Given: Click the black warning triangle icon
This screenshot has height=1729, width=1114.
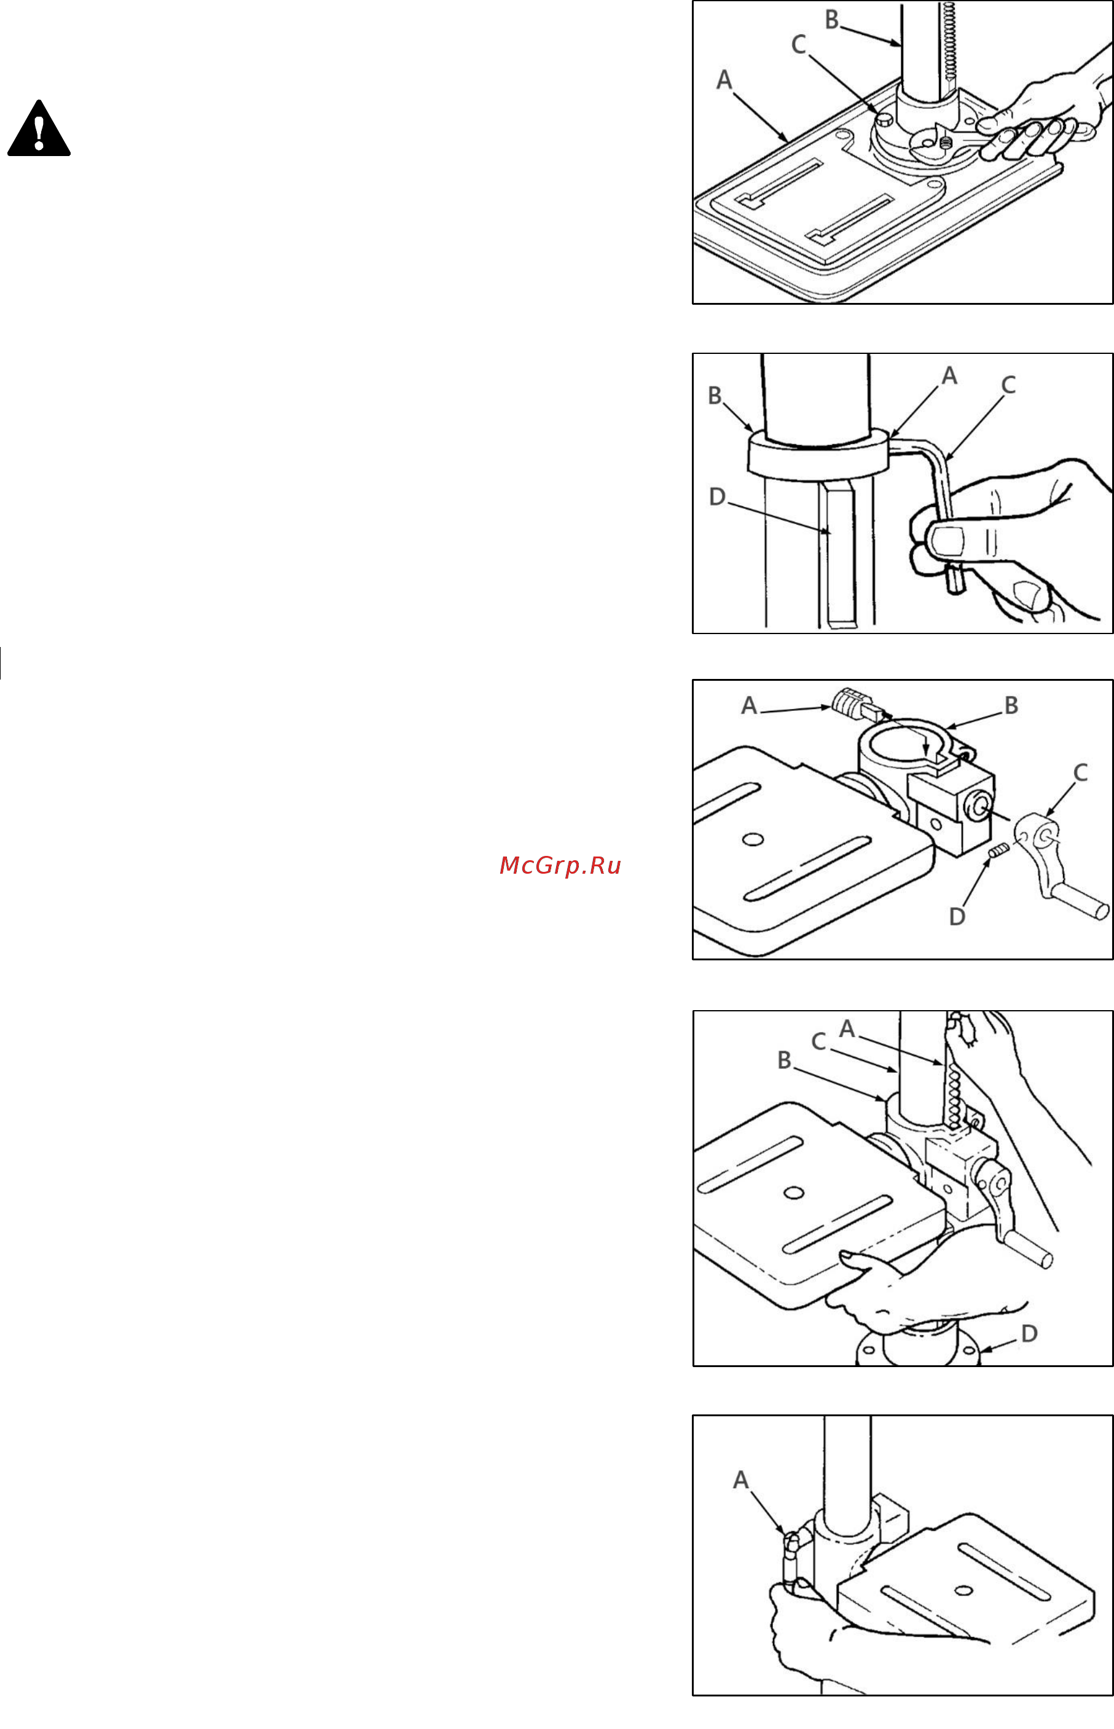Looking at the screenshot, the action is click(39, 128).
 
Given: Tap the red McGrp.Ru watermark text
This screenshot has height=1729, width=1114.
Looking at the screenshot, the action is click(560, 866).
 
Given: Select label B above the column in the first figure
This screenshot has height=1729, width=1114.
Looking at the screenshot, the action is click(832, 20).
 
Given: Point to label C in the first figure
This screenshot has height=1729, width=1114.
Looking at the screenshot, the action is click(799, 45).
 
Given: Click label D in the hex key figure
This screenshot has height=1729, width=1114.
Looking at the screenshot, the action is click(717, 497).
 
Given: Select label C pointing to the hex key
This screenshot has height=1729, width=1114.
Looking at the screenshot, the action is click(1008, 385).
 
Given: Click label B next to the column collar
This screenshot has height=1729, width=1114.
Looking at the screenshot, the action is click(715, 396).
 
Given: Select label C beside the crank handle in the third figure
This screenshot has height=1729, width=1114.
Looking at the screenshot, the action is click(1080, 772).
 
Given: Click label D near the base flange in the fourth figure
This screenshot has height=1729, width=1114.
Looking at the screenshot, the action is click(1029, 1333).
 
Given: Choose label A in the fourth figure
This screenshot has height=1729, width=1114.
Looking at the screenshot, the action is click(847, 1029).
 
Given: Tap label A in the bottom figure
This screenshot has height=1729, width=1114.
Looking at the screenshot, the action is click(740, 1480).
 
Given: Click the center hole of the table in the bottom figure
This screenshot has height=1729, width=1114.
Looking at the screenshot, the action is click(962, 1590).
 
